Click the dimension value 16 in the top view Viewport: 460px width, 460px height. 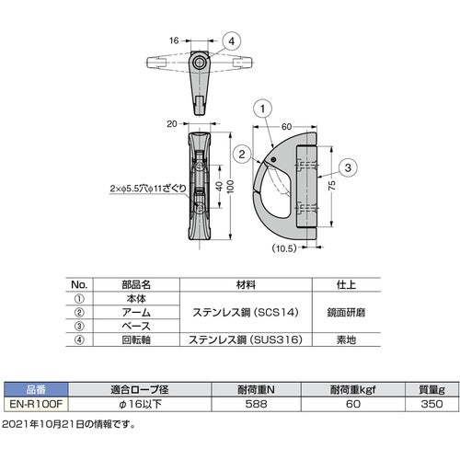pyautogui.click(x=174, y=40)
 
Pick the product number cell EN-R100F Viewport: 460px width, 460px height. pyautogui.click(x=34, y=401)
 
